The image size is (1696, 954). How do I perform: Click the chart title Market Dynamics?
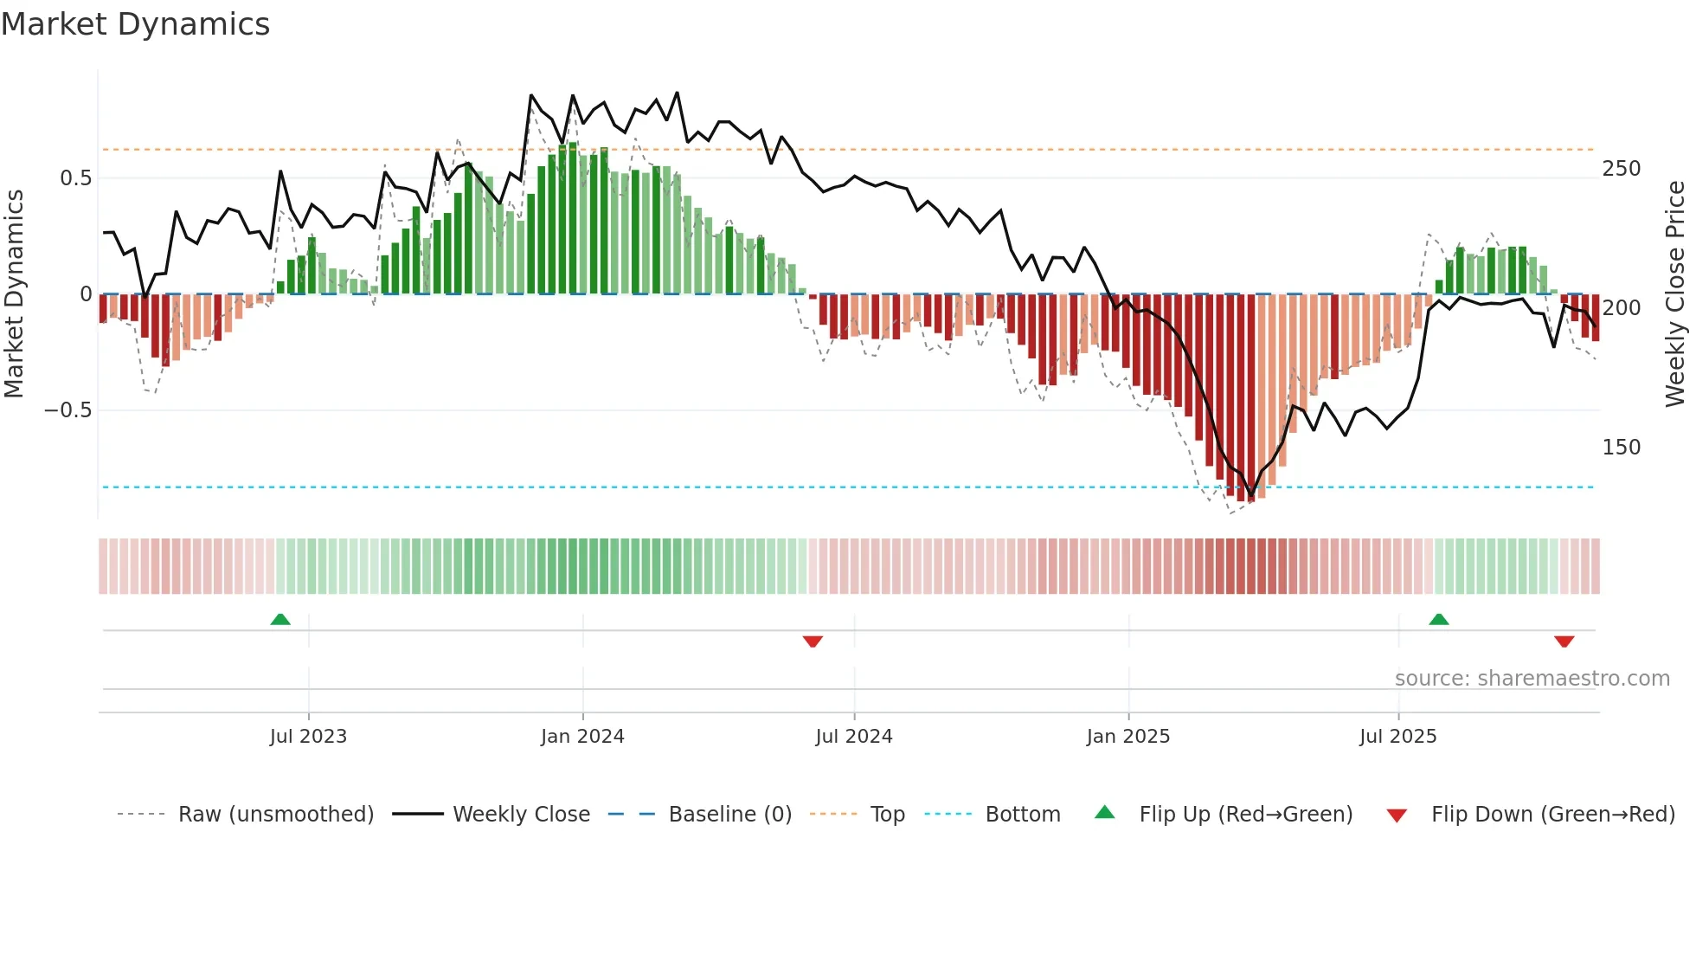tap(135, 24)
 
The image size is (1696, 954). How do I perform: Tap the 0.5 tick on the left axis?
tap(75, 178)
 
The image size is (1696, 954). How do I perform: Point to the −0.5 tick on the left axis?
tap(68, 410)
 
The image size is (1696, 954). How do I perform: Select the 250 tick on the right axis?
tap(1621, 169)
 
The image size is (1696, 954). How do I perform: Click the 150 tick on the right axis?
tap(1621, 448)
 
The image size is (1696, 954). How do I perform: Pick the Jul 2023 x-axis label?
tap(308, 737)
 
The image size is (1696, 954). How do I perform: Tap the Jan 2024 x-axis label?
tap(582, 737)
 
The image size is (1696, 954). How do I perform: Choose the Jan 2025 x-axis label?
tap(1128, 737)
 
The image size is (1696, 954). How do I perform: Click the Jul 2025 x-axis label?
tap(1397, 737)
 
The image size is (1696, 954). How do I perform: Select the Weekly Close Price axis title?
tap(1675, 294)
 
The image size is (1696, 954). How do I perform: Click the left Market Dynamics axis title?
tap(14, 294)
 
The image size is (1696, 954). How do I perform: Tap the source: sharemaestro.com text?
tap(1532, 679)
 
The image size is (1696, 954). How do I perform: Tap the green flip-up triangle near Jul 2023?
tap(280, 620)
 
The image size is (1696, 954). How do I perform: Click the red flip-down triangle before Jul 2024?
tap(813, 641)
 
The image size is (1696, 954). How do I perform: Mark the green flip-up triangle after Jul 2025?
tap(1438, 620)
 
